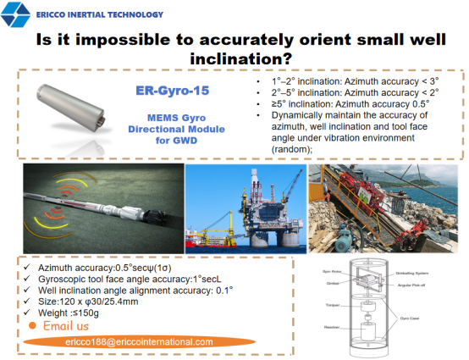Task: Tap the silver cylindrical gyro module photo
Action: pyautogui.click(x=74, y=109)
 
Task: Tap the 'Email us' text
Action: pyautogui.click(x=65, y=325)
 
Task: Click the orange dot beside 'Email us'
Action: pyautogui.click(x=31, y=325)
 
